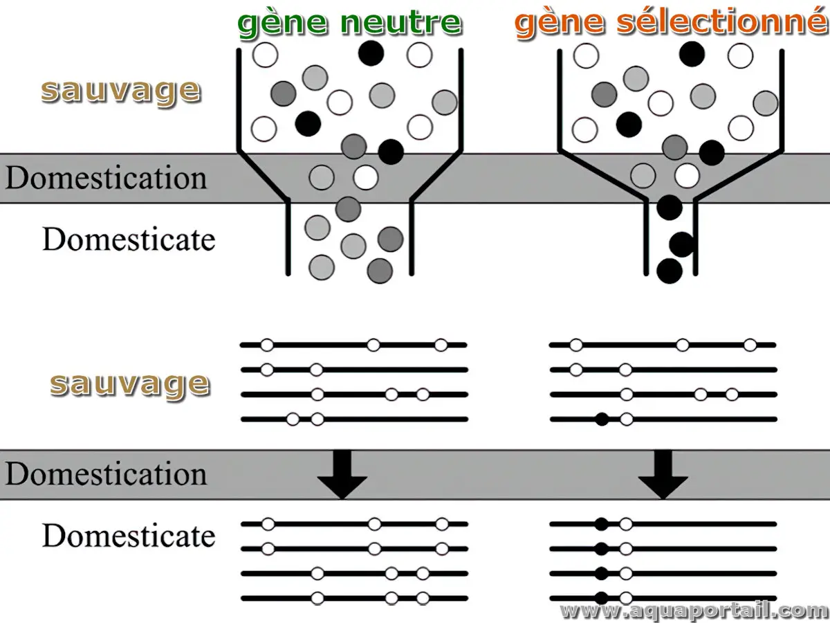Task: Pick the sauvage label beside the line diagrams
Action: coord(129,383)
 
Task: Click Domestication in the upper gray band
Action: coord(106,178)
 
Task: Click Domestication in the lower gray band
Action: coord(106,475)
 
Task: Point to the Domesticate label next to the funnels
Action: coord(129,240)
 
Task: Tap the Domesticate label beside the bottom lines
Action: coord(129,536)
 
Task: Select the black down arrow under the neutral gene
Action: coord(341,474)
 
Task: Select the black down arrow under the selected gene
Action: coord(663,474)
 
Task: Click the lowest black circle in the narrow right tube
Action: coord(670,271)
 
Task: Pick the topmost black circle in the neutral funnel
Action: coord(371,53)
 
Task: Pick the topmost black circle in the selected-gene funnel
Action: coord(692,53)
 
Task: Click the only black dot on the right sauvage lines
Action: coord(602,419)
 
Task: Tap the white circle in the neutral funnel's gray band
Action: coord(366,177)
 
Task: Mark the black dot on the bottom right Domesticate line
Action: coord(602,598)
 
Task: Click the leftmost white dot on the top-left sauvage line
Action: coord(267,345)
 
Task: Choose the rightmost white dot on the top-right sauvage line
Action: coord(750,345)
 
